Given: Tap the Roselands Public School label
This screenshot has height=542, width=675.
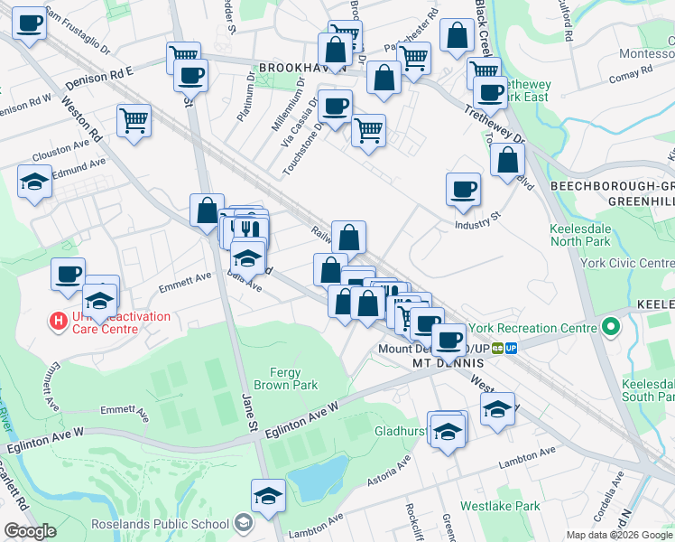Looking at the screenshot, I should [162, 523].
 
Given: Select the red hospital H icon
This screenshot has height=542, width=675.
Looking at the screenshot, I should [59, 320].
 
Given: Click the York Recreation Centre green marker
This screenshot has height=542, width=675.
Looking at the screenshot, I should [611, 326].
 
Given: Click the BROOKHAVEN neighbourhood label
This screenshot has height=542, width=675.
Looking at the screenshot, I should [298, 68].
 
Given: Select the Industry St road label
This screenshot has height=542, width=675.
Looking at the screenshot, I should [477, 220].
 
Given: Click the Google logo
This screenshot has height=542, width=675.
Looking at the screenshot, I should [30, 531].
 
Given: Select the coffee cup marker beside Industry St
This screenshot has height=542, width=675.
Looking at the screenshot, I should [463, 190].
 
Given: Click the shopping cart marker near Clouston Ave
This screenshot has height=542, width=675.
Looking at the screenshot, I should [134, 119].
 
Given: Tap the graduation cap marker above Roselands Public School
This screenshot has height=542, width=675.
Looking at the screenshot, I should [268, 496].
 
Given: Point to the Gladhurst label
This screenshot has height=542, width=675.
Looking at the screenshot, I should [400, 432].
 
